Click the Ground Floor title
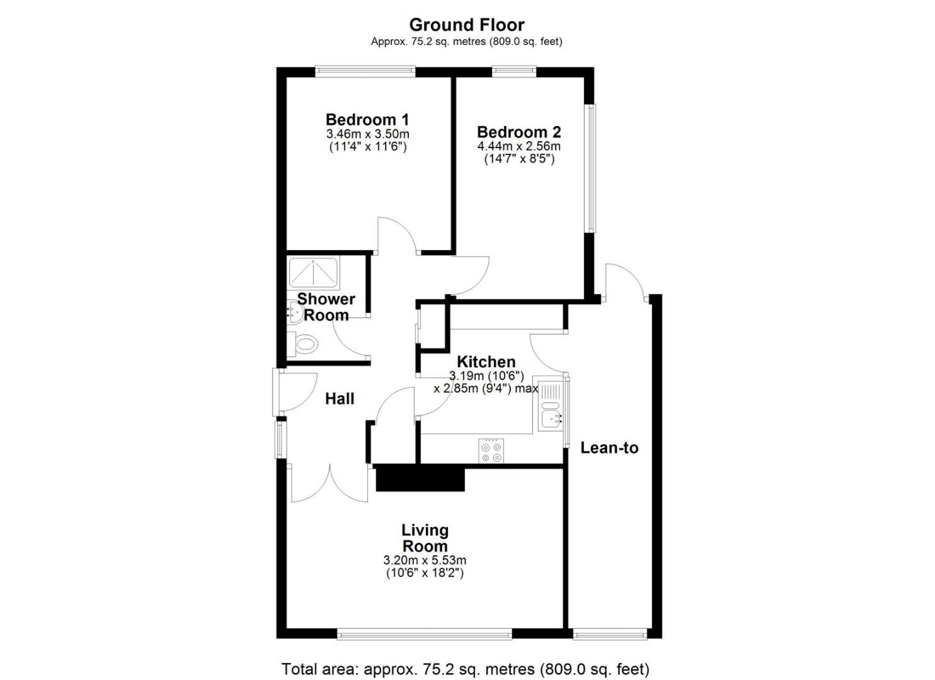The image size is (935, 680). click(x=467, y=24)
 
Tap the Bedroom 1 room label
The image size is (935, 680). click(x=367, y=119)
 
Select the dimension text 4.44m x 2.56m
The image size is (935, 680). click(x=518, y=146)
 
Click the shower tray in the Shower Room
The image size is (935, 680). click(x=313, y=272)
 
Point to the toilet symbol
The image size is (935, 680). click(x=304, y=345)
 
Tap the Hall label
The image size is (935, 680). click(x=339, y=399)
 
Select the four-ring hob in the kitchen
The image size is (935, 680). click(x=491, y=451)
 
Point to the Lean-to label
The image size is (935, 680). click(x=609, y=448)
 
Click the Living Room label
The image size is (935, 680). click(x=424, y=538)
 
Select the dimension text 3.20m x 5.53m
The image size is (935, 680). click(x=424, y=560)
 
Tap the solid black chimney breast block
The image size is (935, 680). click(x=420, y=479)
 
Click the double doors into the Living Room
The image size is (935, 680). click(x=330, y=486)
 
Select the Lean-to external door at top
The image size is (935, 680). click(x=626, y=283)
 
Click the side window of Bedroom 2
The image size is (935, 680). click(x=591, y=168)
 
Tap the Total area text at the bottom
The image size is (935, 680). click(x=465, y=669)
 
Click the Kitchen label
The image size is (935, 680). click(x=486, y=362)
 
